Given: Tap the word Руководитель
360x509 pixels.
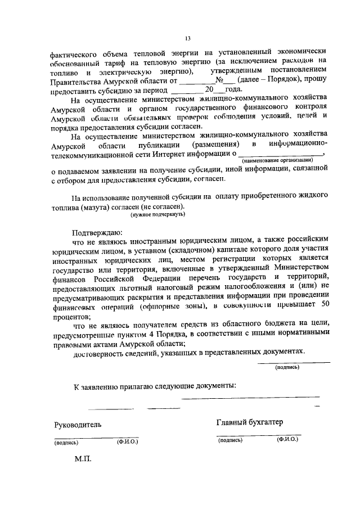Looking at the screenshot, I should [x=78, y=424].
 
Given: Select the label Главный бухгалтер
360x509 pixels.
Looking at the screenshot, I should [x=249, y=422].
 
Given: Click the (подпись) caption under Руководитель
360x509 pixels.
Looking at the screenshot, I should [x=66, y=443].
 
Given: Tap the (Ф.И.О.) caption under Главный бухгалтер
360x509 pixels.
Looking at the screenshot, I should [x=287, y=440].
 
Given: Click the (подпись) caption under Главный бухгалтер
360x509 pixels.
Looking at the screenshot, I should [x=229, y=440].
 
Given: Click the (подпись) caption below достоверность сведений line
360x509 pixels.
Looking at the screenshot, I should [x=287, y=367].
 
